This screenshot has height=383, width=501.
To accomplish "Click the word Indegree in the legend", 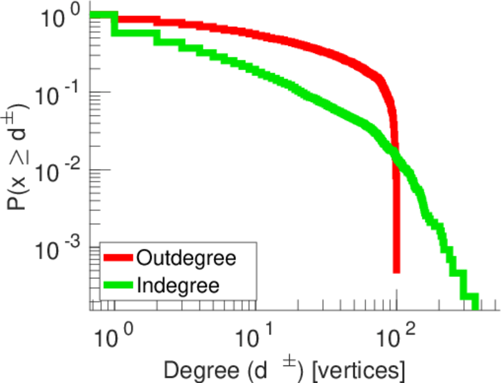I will [x=178, y=285].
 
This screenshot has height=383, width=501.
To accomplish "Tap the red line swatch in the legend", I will [x=118, y=258].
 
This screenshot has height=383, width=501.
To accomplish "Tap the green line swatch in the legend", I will [x=118, y=284].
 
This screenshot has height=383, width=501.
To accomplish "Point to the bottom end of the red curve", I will [x=396, y=271].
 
